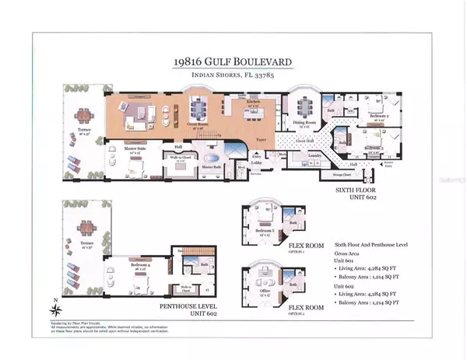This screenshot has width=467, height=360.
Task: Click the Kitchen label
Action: pyautogui.click(x=254, y=102)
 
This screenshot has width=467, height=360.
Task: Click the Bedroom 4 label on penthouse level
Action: pyautogui.click(x=123, y=267)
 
